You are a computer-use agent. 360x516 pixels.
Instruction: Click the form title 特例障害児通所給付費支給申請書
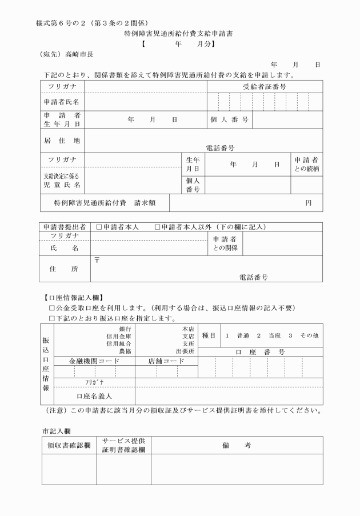pyautogui.click(x=178, y=34)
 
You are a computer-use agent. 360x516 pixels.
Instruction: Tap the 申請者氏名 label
pyautogui.click(x=62, y=101)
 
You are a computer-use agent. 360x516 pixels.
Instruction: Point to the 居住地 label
pyautogui.click(x=62, y=140)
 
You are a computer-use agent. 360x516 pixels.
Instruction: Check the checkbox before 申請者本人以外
pyautogui.click(x=157, y=227)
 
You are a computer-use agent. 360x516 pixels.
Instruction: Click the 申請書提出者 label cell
pyautogui.click(x=65, y=227)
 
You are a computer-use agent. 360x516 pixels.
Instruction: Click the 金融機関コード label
pyautogui.click(x=94, y=361)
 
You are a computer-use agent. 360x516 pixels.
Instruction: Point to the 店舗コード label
pyautogui.click(x=166, y=361)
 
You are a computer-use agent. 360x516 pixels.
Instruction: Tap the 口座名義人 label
pyautogui.click(x=94, y=395)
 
